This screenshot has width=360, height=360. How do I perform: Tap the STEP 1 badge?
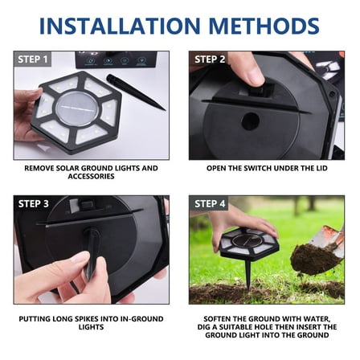[33, 59]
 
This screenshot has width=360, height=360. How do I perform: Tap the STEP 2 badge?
[210, 59]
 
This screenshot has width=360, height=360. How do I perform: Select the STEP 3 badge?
[33, 203]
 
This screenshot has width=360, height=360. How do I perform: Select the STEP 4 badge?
[210, 203]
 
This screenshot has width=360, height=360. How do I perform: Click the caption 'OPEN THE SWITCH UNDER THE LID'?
[266, 169]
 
